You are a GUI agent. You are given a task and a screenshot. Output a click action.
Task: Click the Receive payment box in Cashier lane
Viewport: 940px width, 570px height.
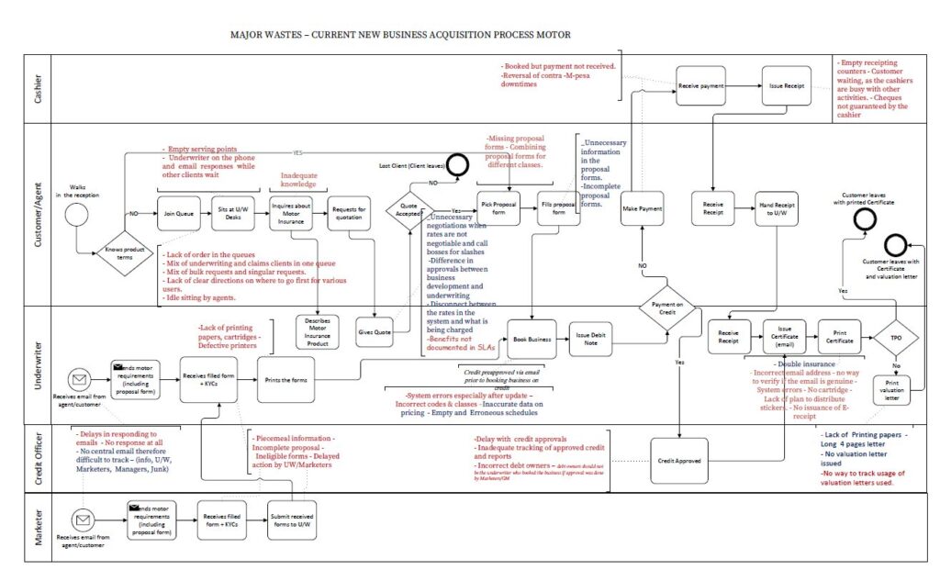[700, 85]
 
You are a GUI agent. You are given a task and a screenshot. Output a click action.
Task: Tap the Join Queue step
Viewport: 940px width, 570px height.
[177, 212]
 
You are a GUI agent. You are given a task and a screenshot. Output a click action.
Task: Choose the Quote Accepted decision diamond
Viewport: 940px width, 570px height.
[408, 211]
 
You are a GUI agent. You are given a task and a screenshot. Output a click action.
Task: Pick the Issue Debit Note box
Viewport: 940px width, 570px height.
[591, 339]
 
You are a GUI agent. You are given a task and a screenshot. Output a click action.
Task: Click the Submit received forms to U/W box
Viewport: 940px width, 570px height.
[292, 520]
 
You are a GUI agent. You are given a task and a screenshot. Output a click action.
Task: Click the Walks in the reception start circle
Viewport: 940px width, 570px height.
[77, 214]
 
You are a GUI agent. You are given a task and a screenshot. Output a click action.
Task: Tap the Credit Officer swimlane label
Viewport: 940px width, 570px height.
[39, 458]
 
